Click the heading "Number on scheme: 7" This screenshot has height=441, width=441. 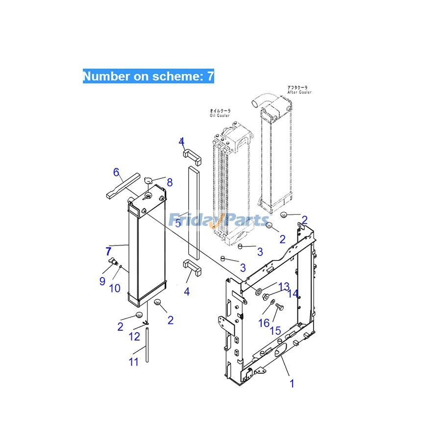coord(148,76)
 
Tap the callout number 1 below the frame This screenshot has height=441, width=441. coord(292,383)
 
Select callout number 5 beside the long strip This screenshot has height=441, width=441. coord(178,223)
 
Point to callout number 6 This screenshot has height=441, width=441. coord(116,172)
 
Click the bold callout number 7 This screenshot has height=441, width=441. coord(108,252)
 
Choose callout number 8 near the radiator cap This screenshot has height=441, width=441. coord(170,182)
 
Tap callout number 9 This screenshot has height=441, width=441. coord(102,281)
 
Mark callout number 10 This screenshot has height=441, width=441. coord(115,288)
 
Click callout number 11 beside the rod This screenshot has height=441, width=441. coord(134,362)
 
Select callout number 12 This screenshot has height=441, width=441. coord(134,337)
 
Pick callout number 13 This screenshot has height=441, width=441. coord(284,286)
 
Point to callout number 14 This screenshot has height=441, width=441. coord(293,294)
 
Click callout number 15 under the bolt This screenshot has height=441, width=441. coord(275,331)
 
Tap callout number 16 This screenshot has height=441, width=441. coord(264,323)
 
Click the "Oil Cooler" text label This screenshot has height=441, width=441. coord(220,113)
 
